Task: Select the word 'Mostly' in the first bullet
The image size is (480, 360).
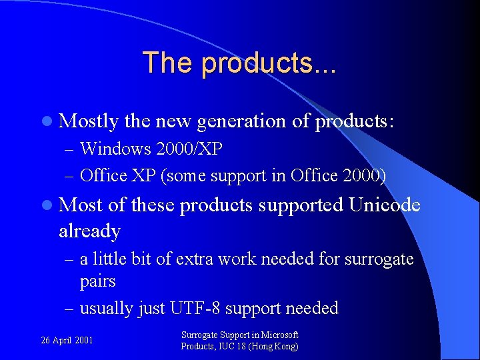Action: (89, 121)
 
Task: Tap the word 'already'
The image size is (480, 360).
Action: (89, 231)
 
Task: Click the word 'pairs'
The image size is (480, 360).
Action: (98, 281)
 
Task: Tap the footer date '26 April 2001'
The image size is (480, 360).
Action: (67, 341)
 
